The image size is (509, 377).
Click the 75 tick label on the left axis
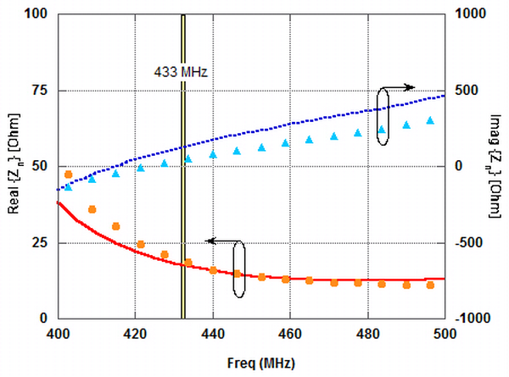tap(38, 91)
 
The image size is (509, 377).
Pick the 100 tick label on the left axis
tap(35, 14)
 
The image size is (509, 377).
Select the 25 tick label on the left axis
tap(38, 243)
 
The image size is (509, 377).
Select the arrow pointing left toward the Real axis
tap(222, 241)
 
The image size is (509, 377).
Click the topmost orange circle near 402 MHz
tap(68, 175)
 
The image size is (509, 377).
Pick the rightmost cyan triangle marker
tap(430, 121)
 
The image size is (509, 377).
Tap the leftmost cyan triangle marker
tap(68, 186)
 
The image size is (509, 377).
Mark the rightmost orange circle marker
tap(430, 286)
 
